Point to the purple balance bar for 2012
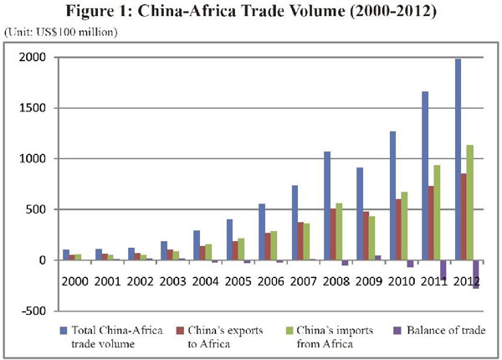point(476,274)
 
